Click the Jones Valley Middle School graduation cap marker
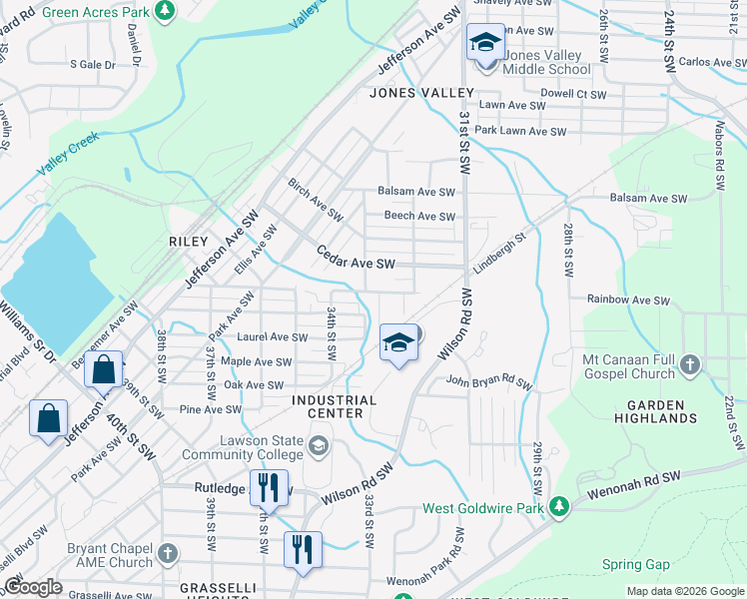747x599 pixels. click(485, 43)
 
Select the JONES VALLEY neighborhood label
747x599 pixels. click(420, 93)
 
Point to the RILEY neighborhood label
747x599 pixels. click(188, 242)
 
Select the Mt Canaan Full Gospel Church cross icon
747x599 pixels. click(689, 366)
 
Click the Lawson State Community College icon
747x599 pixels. click(319, 444)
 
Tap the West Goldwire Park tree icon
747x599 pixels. click(561, 508)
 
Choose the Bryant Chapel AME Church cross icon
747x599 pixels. click(167, 552)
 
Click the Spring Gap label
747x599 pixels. click(635, 564)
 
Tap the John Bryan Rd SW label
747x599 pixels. click(489, 380)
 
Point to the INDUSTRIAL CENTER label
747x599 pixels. click(334, 407)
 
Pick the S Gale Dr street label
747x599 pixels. click(93, 64)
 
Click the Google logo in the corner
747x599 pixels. click(32, 588)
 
